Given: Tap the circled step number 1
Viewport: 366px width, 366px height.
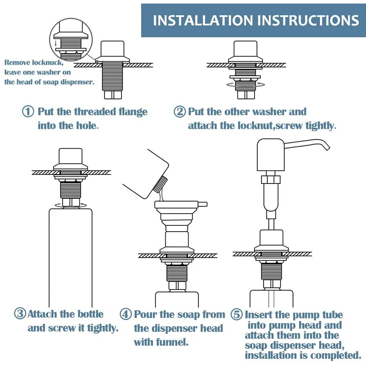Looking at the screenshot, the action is [28, 112].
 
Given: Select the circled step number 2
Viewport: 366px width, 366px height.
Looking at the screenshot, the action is [179, 112].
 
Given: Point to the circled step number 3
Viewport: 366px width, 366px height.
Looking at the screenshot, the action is [20, 314].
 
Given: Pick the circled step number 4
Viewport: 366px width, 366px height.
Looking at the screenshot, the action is [126, 315].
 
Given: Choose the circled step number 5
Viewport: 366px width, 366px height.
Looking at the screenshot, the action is [236, 315].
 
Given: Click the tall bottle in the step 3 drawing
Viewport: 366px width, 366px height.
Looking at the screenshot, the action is [70, 255].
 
